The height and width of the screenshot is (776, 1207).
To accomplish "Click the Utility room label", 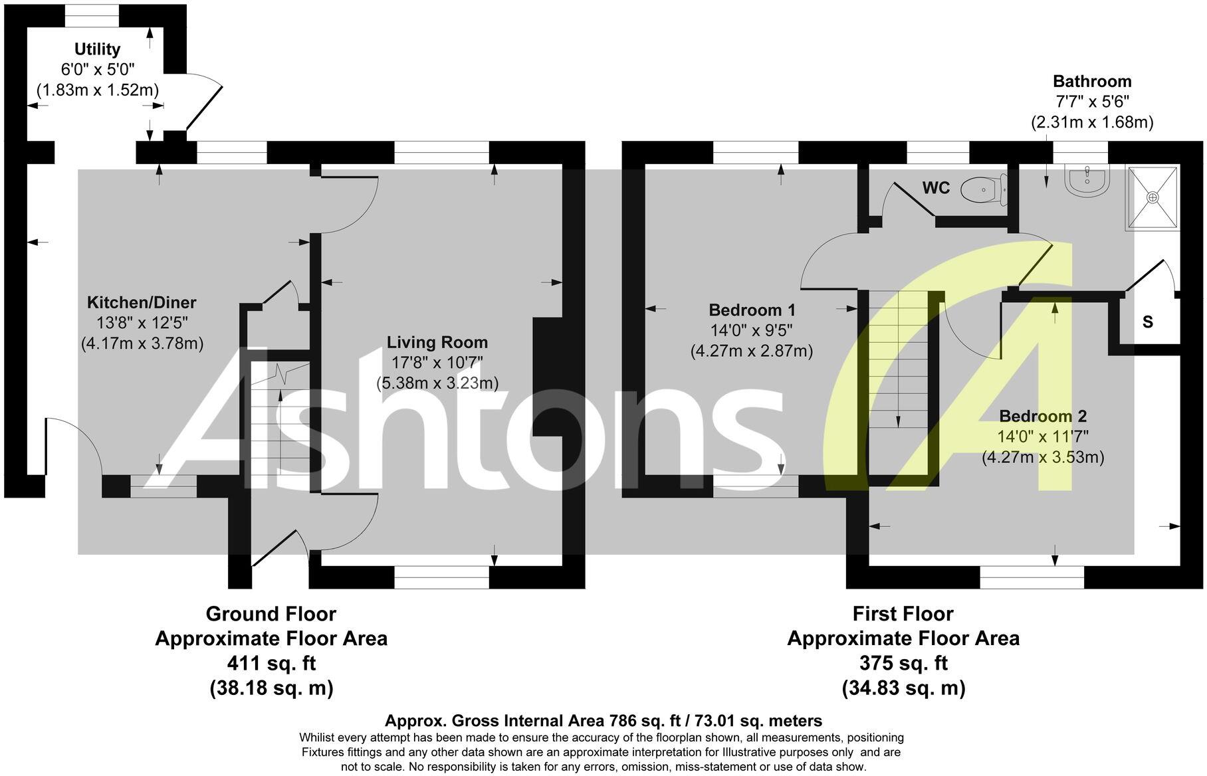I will point(97,49).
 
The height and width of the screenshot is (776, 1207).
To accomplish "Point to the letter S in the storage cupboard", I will point(1147,322).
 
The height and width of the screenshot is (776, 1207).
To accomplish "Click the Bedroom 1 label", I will point(752,310).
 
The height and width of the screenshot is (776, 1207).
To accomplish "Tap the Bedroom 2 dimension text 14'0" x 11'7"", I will point(1043,436).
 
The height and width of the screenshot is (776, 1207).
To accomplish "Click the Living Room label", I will point(437,342).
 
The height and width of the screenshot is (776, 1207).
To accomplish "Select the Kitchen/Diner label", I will point(142,302).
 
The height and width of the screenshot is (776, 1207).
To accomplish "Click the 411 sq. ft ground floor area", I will point(271,663).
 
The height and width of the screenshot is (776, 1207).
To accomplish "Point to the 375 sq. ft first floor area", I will point(903,663).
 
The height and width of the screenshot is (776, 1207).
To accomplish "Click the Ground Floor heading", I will point(271,613).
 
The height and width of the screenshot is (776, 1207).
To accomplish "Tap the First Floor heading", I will point(903,613).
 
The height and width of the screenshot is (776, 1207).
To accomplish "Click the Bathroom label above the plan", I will point(1092,81).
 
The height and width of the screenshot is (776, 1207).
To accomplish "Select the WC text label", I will point(936,188).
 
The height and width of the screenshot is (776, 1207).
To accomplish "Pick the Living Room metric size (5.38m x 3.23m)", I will point(437,383).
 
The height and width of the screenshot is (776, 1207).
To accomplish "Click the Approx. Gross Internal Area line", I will point(603,721).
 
